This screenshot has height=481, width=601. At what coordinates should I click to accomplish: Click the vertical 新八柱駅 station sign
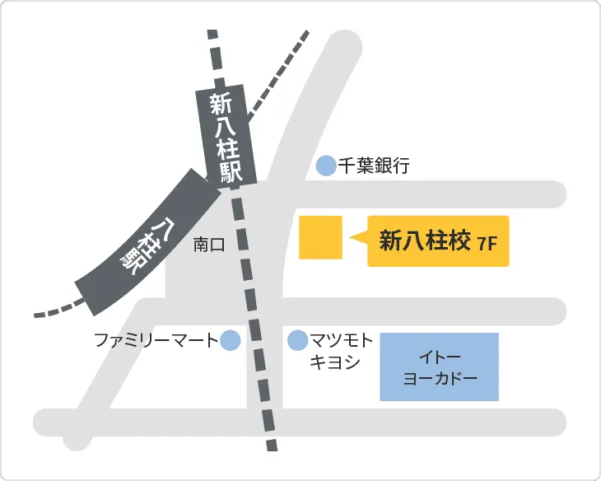(226, 137)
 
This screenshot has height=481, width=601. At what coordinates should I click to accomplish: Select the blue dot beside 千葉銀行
(327, 166)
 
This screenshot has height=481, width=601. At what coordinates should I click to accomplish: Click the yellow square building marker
(321, 238)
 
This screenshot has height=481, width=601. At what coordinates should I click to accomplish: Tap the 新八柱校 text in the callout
(424, 240)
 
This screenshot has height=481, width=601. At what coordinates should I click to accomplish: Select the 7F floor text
(489, 243)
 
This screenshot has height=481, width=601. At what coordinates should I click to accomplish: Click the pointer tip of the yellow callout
(353, 240)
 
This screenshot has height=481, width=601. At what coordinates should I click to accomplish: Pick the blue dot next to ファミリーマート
(231, 339)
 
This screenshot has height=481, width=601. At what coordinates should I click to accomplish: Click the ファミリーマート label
(155, 339)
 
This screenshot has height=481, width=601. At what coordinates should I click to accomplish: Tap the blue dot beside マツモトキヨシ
(296, 339)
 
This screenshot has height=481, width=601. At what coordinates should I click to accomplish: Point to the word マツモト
(342, 339)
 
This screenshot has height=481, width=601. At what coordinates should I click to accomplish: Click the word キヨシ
(333, 362)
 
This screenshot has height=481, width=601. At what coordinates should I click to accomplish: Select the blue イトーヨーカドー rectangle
(440, 367)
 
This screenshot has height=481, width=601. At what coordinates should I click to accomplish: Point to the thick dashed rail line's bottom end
(271, 443)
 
